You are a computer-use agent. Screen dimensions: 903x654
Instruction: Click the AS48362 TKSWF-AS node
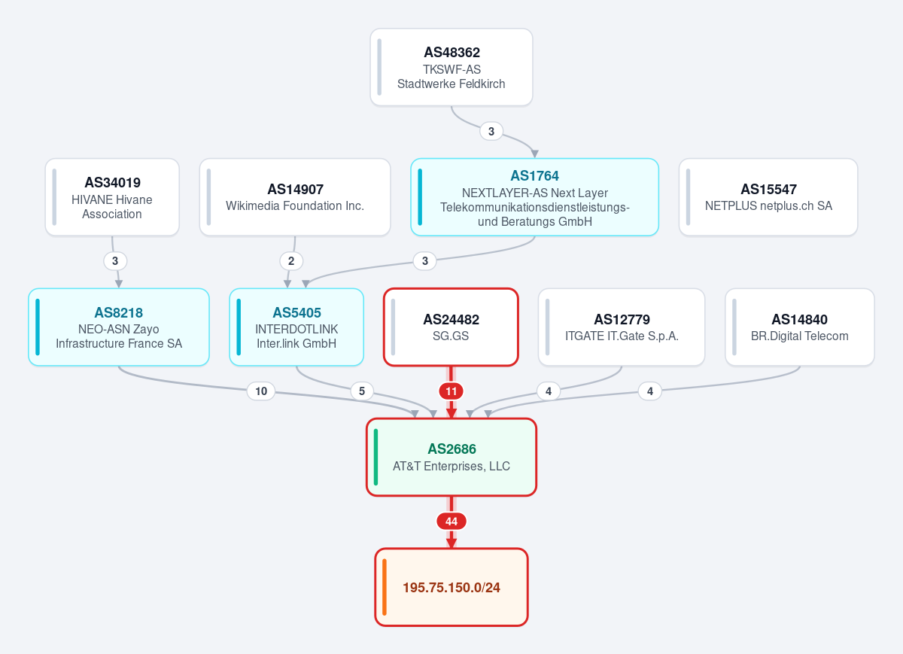click(x=451, y=67)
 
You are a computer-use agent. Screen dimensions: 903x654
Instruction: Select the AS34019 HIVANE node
click(x=112, y=197)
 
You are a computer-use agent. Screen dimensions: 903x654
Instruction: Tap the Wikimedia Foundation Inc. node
click(x=295, y=197)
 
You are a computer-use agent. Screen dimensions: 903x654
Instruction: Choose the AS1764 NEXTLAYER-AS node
click(x=534, y=197)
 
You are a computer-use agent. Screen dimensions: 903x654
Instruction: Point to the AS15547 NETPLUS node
click(x=768, y=197)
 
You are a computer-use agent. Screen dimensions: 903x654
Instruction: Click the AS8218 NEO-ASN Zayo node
click(x=119, y=327)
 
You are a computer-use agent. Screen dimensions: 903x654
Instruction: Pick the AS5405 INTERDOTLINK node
click(x=296, y=327)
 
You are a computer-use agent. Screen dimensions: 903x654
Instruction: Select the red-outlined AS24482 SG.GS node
click(x=451, y=327)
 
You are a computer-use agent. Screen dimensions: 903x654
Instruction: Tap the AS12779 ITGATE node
click(x=622, y=327)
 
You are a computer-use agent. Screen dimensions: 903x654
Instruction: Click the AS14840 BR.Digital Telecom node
click(x=800, y=327)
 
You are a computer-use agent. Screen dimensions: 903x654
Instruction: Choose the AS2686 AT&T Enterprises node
click(x=451, y=458)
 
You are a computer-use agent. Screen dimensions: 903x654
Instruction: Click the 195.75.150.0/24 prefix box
click(x=451, y=587)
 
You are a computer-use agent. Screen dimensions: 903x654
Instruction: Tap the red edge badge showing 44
click(x=451, y=522)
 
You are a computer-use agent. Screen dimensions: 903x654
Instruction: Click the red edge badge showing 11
click(x=451, y=391)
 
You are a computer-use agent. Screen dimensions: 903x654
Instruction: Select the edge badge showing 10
click(x=261, y=391)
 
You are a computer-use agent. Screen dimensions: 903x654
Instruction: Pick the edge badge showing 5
click(x=362, y=391)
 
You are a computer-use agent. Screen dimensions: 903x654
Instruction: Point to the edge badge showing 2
click(x=291, y=261)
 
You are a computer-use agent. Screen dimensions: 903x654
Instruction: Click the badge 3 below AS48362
click(x=491, y=131)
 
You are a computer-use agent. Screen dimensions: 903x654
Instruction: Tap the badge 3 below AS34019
click(x=115, y=261)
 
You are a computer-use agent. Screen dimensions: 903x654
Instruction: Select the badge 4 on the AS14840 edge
click(x=650, y=391)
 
